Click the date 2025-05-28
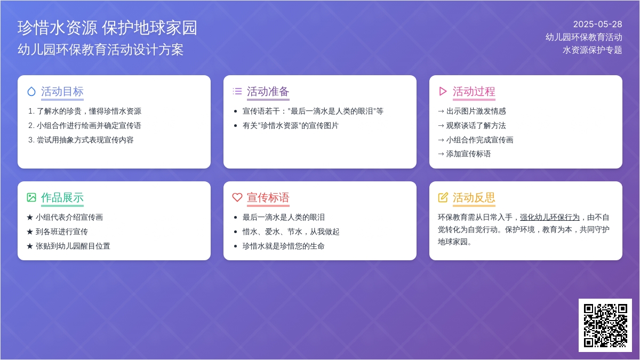pyautogui.click(x=597, y=25)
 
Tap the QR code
pyautogui.click(x=605, y=325)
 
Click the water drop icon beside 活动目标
pyautogui.click(x=31, y=91)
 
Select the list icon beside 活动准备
pyautogui.click(x=237, y=91)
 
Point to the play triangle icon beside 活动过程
pyautogui.click(x=443, y=91)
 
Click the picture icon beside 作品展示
pyautogui.click(x=31, y=197)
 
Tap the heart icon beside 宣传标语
pyautogui.click(x=237, y=197)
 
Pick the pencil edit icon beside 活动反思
pyautogui.click(x=443, y=197)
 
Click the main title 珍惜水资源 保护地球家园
pyautogui.click(x=107, y=28)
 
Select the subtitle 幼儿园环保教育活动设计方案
pyautogui.click(x=100, y=50)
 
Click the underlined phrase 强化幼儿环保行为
pyautogui.click(x=550, y=218)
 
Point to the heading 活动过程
pyautogui.click(x=474, y=91)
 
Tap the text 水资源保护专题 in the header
pyautogui.click(x=593, y=50)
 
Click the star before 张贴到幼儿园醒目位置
pyautogui.click(x=30, y=246)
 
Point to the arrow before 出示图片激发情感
pyautogui.click(x=441, y=111)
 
